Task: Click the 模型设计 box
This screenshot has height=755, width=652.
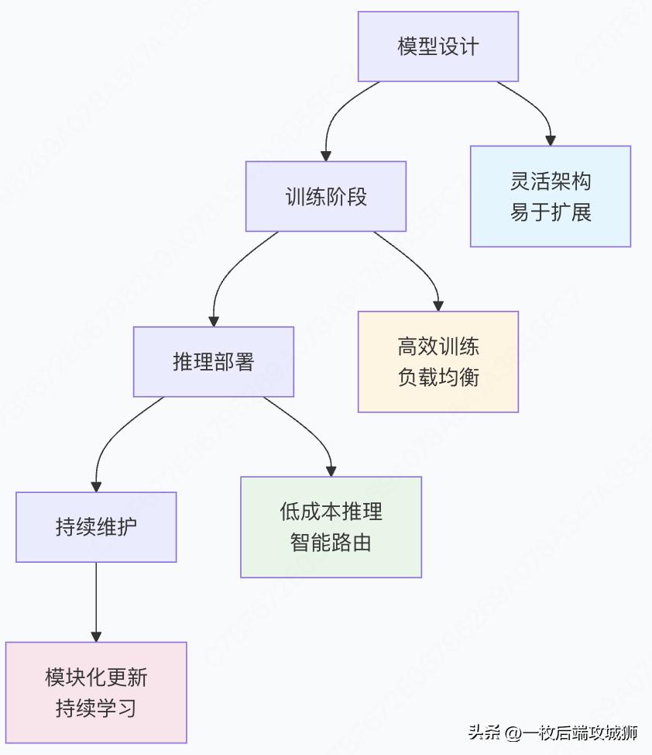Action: click(x=438, y=47)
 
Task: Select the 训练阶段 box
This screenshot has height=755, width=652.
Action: click(x=326, y=196)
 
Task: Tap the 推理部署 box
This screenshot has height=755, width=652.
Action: click(x=213, y=362)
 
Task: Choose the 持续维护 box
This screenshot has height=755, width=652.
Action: click(x=96, y=527)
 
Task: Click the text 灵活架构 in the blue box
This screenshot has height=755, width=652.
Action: click(x=551, y=182)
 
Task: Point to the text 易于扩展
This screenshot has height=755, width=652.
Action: click(x=551, y=212)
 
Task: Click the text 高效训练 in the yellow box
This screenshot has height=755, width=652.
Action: click(x=438, y=347)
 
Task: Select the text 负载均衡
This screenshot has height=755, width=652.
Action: click(x=438, y=377)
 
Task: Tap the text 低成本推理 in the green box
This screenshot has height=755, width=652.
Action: click(x=331, y=512)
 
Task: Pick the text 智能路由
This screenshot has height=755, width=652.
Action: click(x=331, y=542)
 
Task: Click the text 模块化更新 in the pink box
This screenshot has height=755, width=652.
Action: click(x=96, y=677)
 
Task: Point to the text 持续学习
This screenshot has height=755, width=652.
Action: click(x=96, y=708)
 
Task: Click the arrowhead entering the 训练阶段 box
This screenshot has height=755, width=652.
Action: click(x=326, y=156)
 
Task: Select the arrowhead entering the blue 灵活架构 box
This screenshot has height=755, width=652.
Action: click(x=551, y=140)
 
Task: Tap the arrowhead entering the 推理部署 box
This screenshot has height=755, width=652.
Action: click(x=214, y=321)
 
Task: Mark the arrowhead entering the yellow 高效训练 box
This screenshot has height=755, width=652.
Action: click(x=438, y=305)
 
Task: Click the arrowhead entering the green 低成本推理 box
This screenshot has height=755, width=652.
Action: click(x=331, y=471)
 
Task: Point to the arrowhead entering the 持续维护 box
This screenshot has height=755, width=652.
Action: click(x=96, y=487)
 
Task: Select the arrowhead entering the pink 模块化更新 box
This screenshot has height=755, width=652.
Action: click(x=96, y=636)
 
